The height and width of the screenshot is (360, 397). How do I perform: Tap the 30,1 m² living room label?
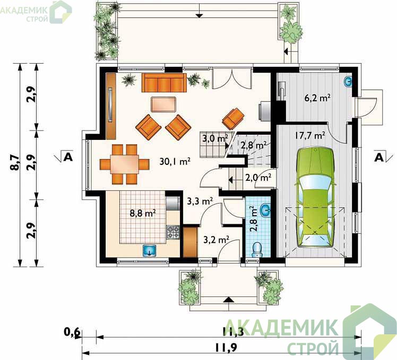[x=175, y=161]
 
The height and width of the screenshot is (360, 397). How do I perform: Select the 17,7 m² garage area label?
[x=309, y=135]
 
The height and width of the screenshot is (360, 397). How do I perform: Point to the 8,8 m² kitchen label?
[x=143, y=213]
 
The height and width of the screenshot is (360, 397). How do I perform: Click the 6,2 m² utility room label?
[x=317, y=98]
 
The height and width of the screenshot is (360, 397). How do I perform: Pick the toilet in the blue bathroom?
[x=257, y=250]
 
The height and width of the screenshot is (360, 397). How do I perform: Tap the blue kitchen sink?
[x=150, y=250]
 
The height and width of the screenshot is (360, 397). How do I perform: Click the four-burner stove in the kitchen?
[x=173, y=232]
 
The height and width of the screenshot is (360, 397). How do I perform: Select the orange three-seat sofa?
[x=164, y=83]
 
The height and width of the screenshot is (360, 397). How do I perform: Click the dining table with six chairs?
[x=125, y=164]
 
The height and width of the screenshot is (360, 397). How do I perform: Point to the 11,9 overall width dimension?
[x=226, y=348]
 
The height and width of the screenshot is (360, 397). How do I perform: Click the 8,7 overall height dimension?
[x=15, y=163]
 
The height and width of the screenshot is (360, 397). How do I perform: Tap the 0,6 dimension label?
[x=72, y=332]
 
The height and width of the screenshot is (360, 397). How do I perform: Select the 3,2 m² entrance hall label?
[x=216, y=239]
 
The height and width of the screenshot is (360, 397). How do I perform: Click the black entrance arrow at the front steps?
[x=229, y=300]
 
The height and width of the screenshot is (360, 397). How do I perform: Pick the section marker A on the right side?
[x=379, y=157]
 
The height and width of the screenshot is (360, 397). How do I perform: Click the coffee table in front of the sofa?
[x=163, y=104]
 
